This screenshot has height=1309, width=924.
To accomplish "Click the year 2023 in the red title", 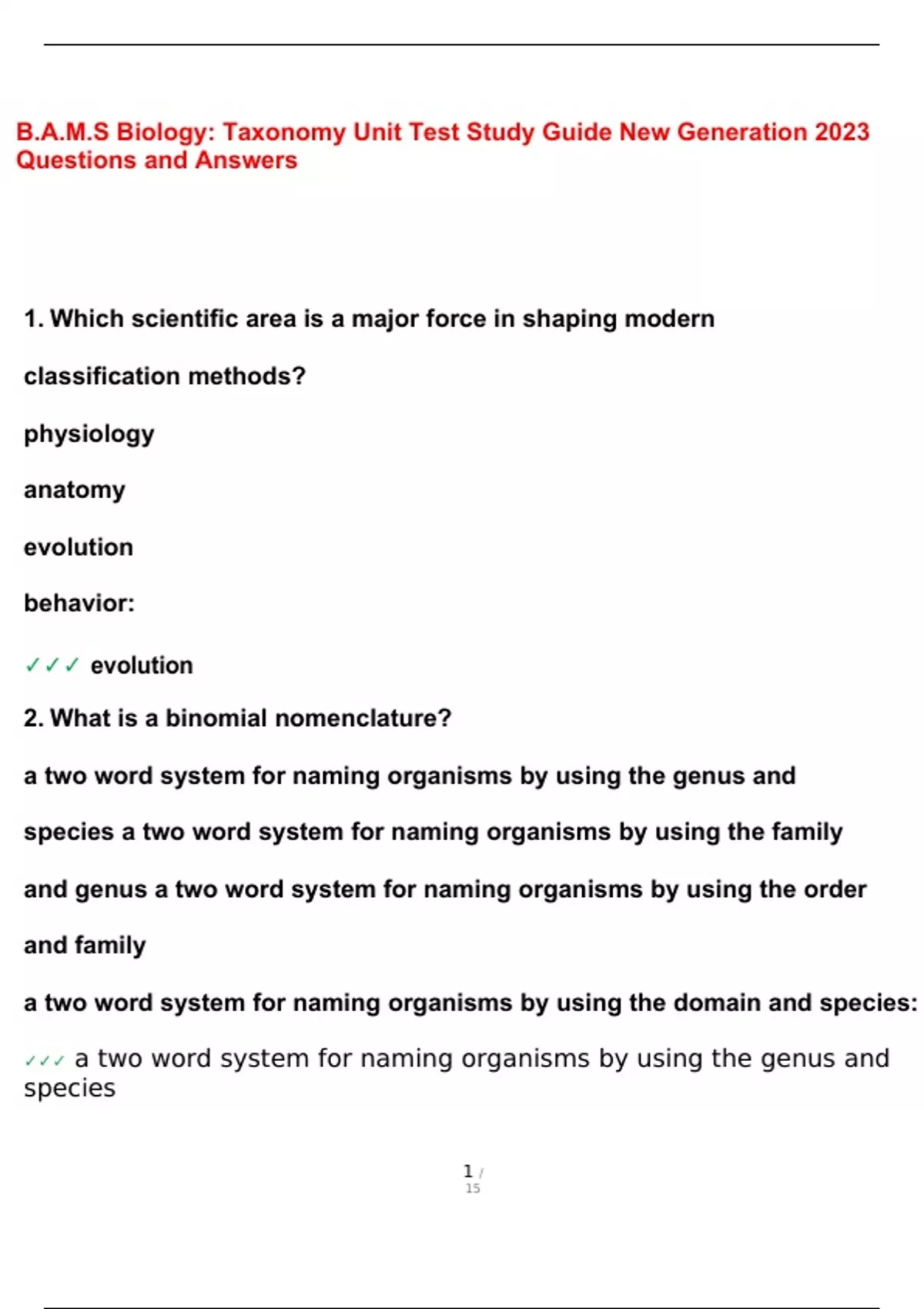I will [842, 132].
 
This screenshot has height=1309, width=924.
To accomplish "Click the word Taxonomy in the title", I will [284, 132].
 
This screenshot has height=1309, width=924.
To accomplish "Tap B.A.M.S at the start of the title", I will [62, 132].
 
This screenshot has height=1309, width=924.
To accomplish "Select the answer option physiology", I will [89, 434].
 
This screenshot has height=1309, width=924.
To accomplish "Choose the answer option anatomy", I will [74, 490].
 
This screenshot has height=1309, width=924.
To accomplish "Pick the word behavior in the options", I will [76, 603].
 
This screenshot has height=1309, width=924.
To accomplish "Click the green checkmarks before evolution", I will [52, 665].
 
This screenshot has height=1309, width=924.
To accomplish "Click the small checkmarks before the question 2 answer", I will [44, 1061].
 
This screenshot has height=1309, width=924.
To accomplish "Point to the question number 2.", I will [32, 718].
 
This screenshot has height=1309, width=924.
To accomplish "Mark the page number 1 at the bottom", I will [468, 1171].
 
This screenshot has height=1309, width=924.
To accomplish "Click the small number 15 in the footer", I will [473, 1189].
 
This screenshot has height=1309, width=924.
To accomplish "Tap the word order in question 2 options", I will [835, 889].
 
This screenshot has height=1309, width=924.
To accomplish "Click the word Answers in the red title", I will [246, 160].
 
